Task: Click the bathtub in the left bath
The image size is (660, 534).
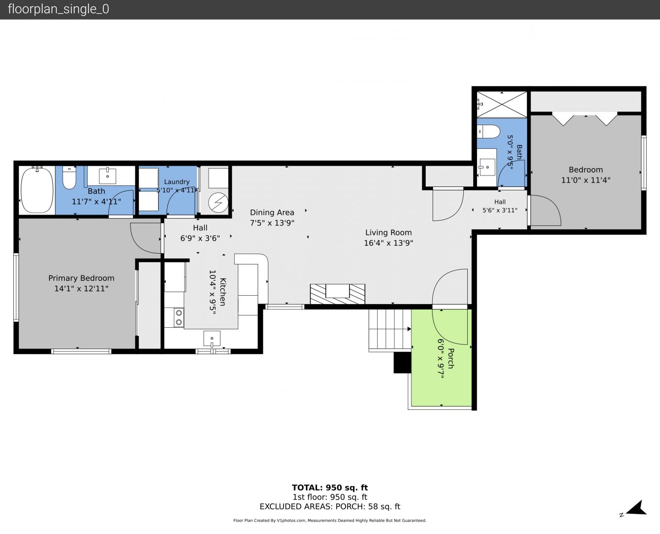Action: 37,190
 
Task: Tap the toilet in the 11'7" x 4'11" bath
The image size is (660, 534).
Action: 69,178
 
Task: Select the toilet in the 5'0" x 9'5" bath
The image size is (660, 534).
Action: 488,132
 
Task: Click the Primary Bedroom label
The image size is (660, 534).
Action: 81,278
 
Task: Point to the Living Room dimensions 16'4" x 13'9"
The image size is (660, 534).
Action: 388,243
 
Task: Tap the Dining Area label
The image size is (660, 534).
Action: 272,213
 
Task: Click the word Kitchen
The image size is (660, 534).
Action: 223,292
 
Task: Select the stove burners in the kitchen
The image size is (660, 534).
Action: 179,317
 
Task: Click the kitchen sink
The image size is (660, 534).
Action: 212,339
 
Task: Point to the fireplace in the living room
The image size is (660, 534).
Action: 338,294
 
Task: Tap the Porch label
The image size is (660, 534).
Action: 451,358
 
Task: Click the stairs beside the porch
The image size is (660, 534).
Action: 390,330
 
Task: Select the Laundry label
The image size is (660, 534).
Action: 176,181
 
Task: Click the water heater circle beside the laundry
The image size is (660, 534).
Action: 218,203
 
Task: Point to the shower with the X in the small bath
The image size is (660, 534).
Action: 502,104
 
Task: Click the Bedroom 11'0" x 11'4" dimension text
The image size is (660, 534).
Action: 586,180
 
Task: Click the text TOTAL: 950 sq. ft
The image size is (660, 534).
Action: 330,488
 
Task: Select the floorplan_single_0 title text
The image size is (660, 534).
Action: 58,9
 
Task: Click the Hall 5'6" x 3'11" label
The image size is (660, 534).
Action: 500,206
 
